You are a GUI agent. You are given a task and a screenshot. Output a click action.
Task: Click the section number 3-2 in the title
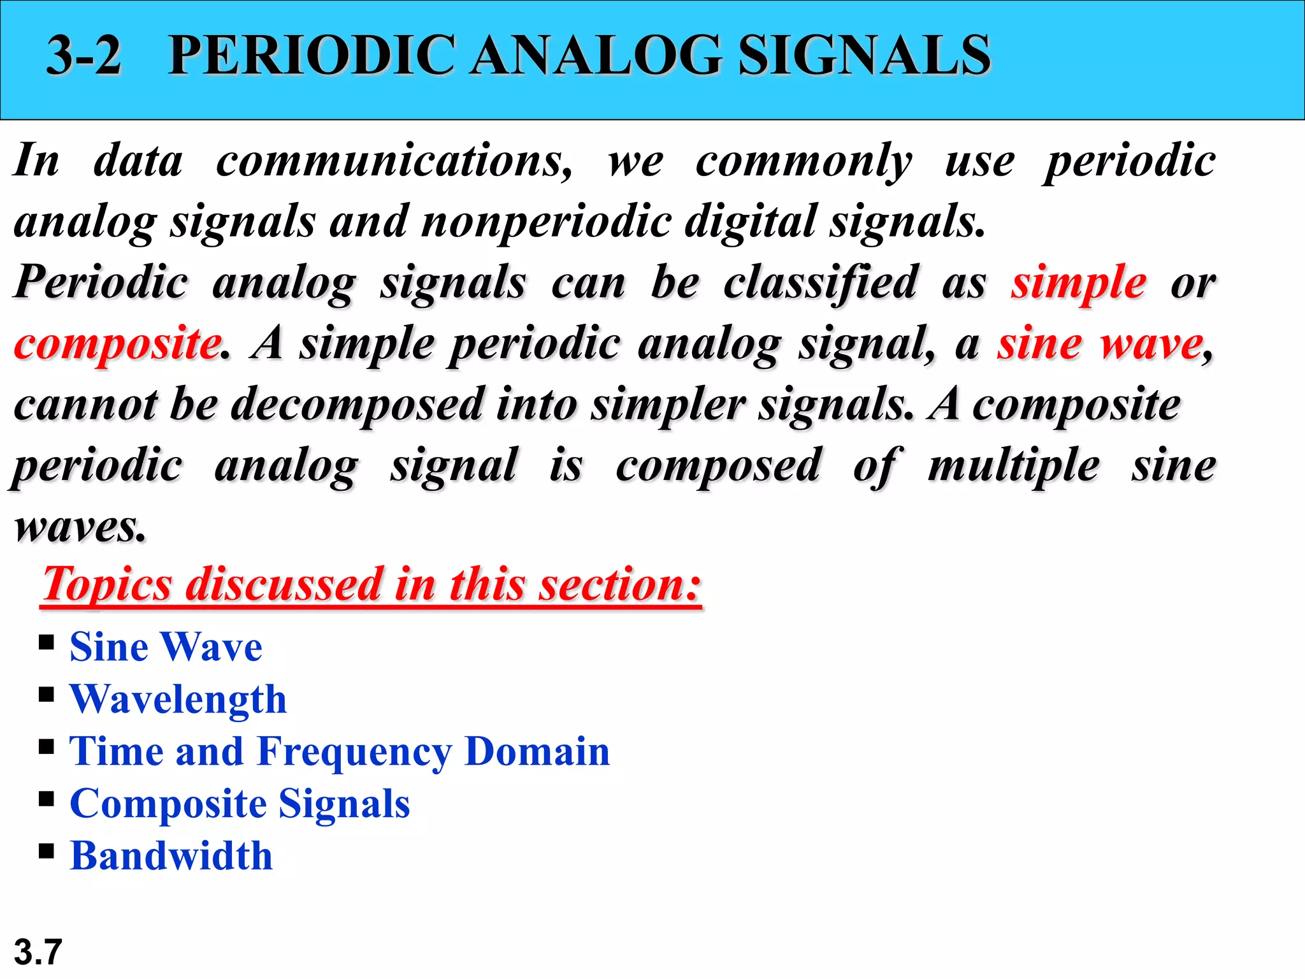coord(83,55)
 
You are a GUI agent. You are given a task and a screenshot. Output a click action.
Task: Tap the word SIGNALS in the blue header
coord(864,55)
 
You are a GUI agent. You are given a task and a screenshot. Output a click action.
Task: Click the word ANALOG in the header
coord(596,55)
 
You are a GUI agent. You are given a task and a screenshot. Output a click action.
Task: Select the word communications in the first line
coord(394,161)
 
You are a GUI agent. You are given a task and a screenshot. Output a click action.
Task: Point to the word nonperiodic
coord(546,222)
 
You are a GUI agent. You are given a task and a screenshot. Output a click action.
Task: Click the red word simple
coord(1078,282)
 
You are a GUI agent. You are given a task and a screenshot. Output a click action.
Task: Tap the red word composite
coord(117,344)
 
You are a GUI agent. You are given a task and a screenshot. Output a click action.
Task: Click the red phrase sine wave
coord(1100,344)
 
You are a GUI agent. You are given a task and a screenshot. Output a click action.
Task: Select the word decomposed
coord(357,405)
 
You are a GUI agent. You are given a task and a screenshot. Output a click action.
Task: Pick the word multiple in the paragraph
coord(1013,466)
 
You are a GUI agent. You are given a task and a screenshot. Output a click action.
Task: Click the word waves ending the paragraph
coord(80,527)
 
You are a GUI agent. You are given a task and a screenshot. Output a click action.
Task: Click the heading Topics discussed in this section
coord(371,584)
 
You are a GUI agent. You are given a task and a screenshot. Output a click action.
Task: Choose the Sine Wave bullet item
coord(166,647)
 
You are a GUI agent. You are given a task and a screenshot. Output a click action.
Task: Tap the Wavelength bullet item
coord(178,699)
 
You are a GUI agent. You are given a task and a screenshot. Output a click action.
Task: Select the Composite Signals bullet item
coord(240,804)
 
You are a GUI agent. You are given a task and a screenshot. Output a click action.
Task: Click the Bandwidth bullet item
coord(171,856)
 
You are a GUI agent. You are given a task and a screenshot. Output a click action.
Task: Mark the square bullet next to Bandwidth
coord(46,850)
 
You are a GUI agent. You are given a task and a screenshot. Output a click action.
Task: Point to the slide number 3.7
coord(38,952)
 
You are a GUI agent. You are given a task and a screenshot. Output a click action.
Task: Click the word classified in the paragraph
coord(820,282)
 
